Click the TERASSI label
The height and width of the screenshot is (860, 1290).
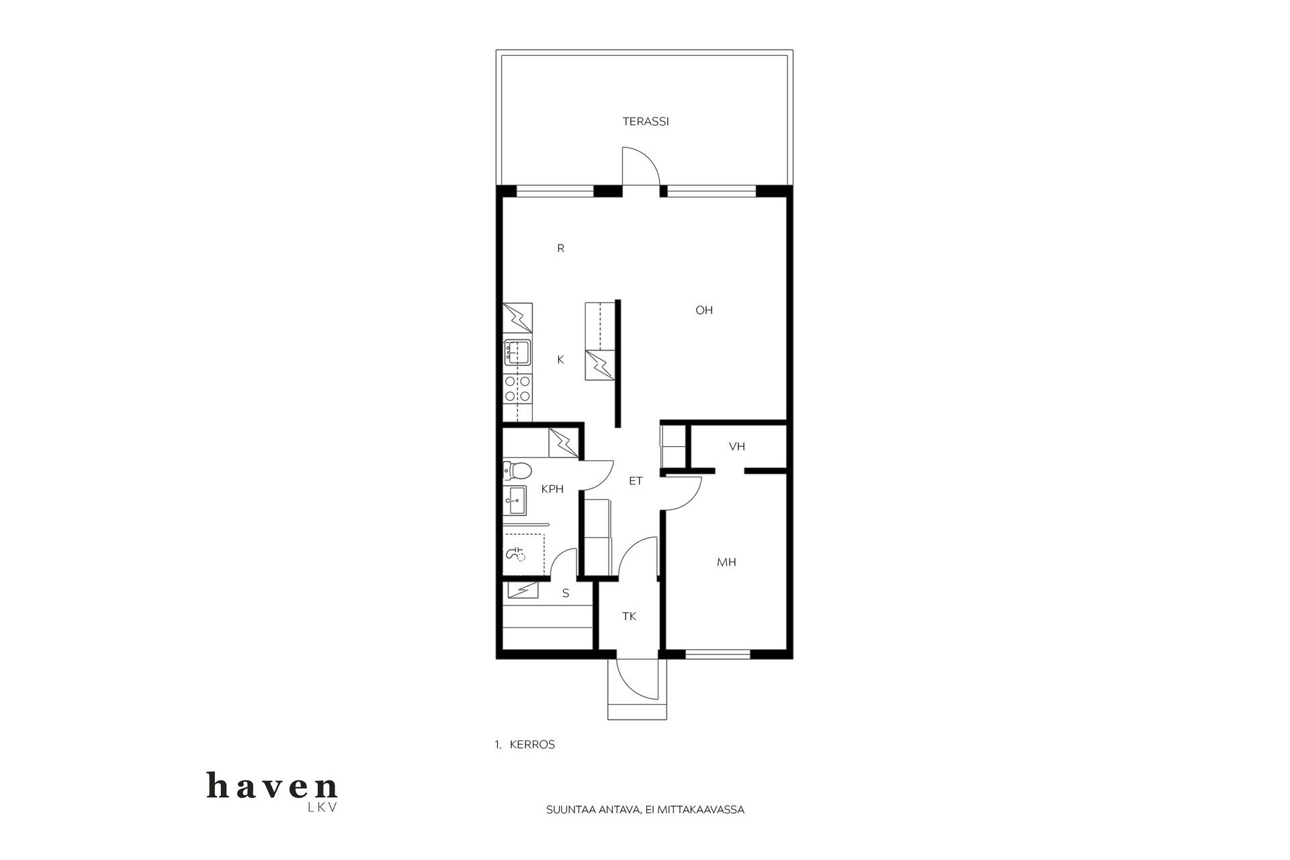click(x=645, y=122)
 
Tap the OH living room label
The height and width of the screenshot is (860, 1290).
click(x=704, y=310)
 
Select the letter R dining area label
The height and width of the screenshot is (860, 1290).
click(x=560, y=249)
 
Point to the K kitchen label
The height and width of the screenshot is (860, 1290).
click(x=560, y=360)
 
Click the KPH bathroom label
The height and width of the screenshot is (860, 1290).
click(x=552, y=489)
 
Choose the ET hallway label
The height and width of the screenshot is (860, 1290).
click(x=636, y=481)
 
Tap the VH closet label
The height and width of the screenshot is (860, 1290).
click(x=737, y=446)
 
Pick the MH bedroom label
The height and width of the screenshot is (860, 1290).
click(x=726, y=562)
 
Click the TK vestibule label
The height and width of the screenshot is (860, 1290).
click(x=629, y=616)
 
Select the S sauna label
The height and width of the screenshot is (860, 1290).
click(x=566, y=593)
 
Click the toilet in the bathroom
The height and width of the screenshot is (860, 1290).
click(x=517, y=470)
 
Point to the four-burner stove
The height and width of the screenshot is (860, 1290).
click(x=518, y=389)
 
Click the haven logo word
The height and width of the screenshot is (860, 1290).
click(x=272, y=786)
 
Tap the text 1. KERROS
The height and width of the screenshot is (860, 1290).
click(x=525, y=744)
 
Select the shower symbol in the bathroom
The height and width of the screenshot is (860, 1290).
click(x=516, y=555)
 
